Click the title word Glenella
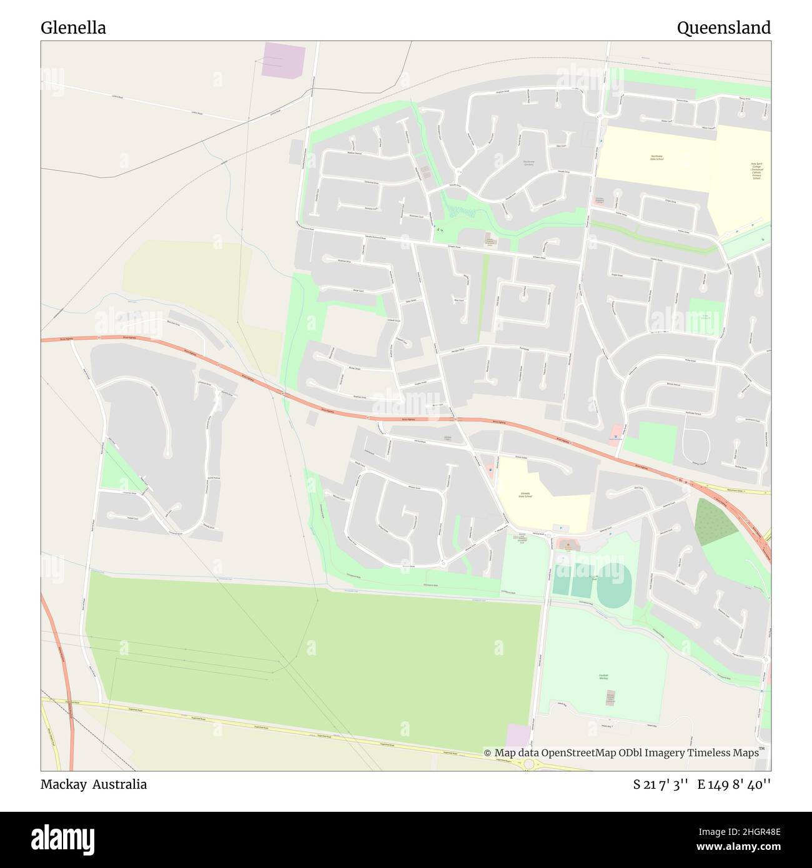(x=73, y=28)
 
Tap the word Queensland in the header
(x=723, y=28)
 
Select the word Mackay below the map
(x=63, y=784)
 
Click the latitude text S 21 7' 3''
(x=661, y=785)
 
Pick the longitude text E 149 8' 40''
(x=734, y=785)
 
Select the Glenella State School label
(x=525, y=495)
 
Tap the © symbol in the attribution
(x=488, y=753)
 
